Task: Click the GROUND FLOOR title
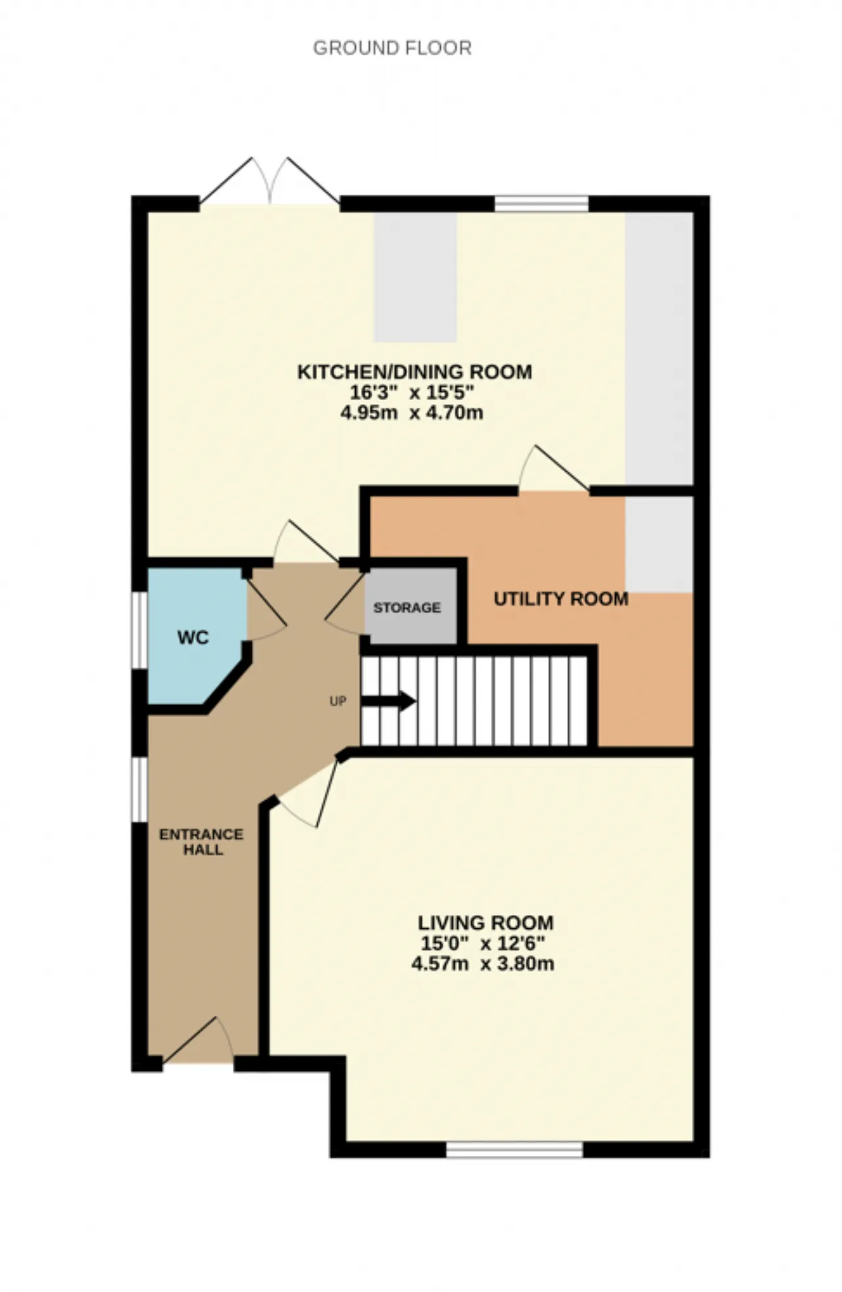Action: point(392,48)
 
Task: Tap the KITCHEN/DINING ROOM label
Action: point(414,372)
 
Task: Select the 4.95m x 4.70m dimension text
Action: point(412,413)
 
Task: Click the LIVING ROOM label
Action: point(485,923)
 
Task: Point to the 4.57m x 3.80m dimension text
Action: point(483,964)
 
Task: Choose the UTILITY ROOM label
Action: point(561,599)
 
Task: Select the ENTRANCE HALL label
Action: point(201,842)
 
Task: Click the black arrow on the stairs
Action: point(388,701)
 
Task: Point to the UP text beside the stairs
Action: point(337,701)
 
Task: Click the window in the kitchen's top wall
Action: point(541,204)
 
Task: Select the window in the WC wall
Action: point(139,631)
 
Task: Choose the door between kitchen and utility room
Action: point(554,468)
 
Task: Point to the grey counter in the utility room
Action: point(659,544)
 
